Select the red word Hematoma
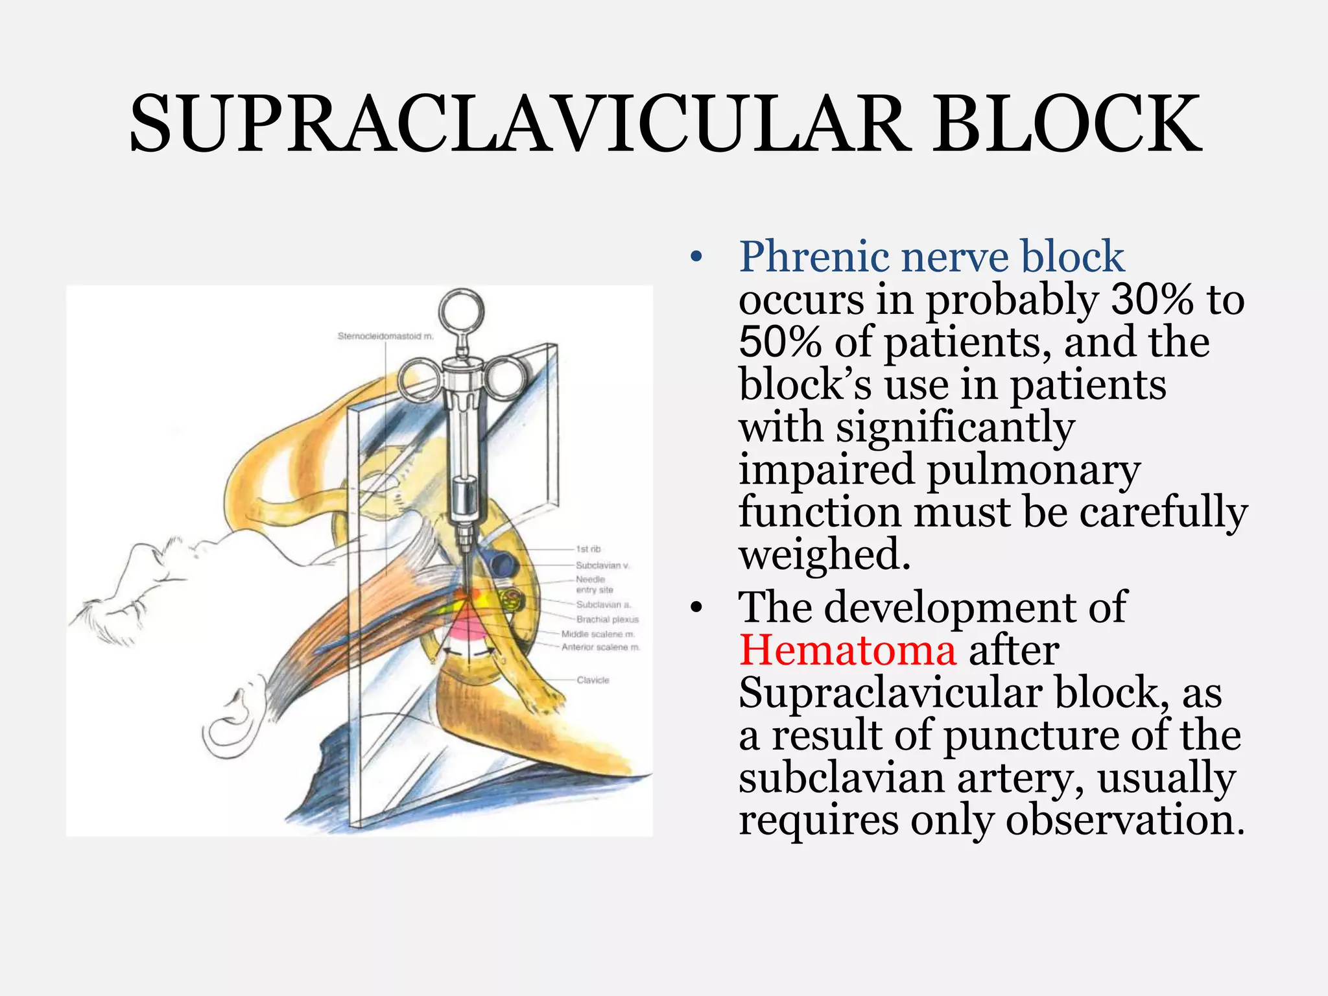[x=848, y=650]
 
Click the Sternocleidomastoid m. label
[x=385, y=336]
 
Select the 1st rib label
[x=588, y=549]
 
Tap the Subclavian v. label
[x=602, y=565]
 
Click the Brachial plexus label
[x=607, y=619]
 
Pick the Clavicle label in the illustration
[x=593, y=680]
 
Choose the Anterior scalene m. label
[x=600, y=647]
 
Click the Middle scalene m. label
[x=598, y=634]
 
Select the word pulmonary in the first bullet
[x=1034, y=469]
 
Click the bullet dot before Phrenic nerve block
[x=696, y=258]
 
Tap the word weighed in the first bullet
[x=825, y=554]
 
